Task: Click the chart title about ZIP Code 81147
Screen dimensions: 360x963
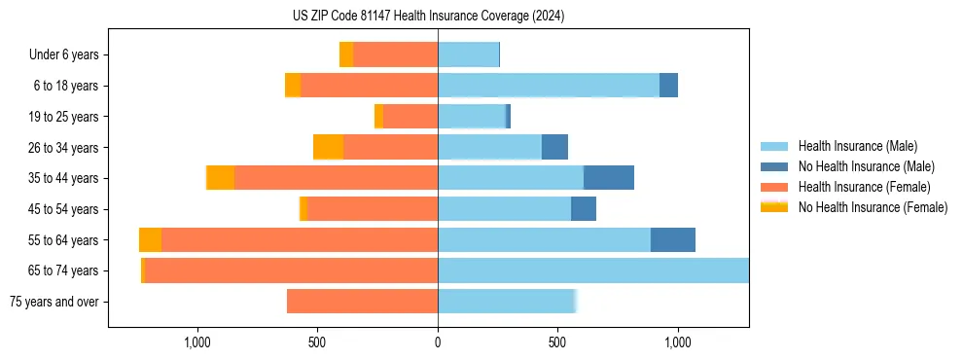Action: point(428,17)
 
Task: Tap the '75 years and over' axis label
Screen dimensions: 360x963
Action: point(53,302)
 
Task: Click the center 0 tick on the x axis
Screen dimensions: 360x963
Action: point(438,342)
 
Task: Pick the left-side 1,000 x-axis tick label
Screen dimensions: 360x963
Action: point(197,342)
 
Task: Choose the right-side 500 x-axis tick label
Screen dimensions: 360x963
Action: point(557,342)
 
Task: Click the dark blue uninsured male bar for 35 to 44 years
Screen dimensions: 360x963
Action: point(609,178)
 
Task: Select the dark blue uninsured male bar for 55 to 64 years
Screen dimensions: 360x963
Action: point(673,239)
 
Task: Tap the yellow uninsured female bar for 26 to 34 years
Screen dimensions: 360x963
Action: point(329,147)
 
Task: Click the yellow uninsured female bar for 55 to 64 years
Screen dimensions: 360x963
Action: point(150,239)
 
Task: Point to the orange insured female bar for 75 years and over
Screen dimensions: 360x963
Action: point(362,302)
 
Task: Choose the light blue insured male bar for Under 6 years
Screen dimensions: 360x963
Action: point(468,54)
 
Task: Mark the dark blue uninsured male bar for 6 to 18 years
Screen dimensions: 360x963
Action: point(668,86)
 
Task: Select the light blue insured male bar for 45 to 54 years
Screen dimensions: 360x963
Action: point(504,209)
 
